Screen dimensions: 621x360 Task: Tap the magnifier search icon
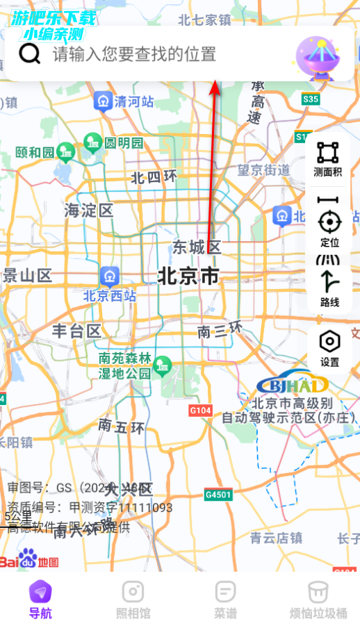(x=30, y=53)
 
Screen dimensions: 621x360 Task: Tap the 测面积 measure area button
(x=327, y=159)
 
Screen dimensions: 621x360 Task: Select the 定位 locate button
(x=329, y=229)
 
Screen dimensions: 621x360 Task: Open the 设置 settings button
(x=329, y=348)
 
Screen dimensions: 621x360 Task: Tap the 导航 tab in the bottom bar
(x=40, y=599)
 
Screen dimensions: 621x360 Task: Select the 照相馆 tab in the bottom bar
(x=133, y=599)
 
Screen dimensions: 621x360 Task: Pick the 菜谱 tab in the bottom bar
(x=225, y=599)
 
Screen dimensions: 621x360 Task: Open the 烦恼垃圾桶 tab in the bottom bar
(x=318, y=599)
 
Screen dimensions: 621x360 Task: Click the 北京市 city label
(x=188, y=276)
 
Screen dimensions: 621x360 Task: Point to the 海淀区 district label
(x=88, y=210)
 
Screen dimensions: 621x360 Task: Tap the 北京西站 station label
(x=110, y=295)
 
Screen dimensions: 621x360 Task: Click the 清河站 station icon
(x=104, y=101)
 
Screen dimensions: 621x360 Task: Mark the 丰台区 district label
(x=76, y=331)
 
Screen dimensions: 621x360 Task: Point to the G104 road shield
(x=200, y=411)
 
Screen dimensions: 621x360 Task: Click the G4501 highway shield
(x=218, y=495)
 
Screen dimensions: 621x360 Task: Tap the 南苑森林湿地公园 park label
(x=124, y=365)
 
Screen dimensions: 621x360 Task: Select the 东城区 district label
(x=197, y=247)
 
